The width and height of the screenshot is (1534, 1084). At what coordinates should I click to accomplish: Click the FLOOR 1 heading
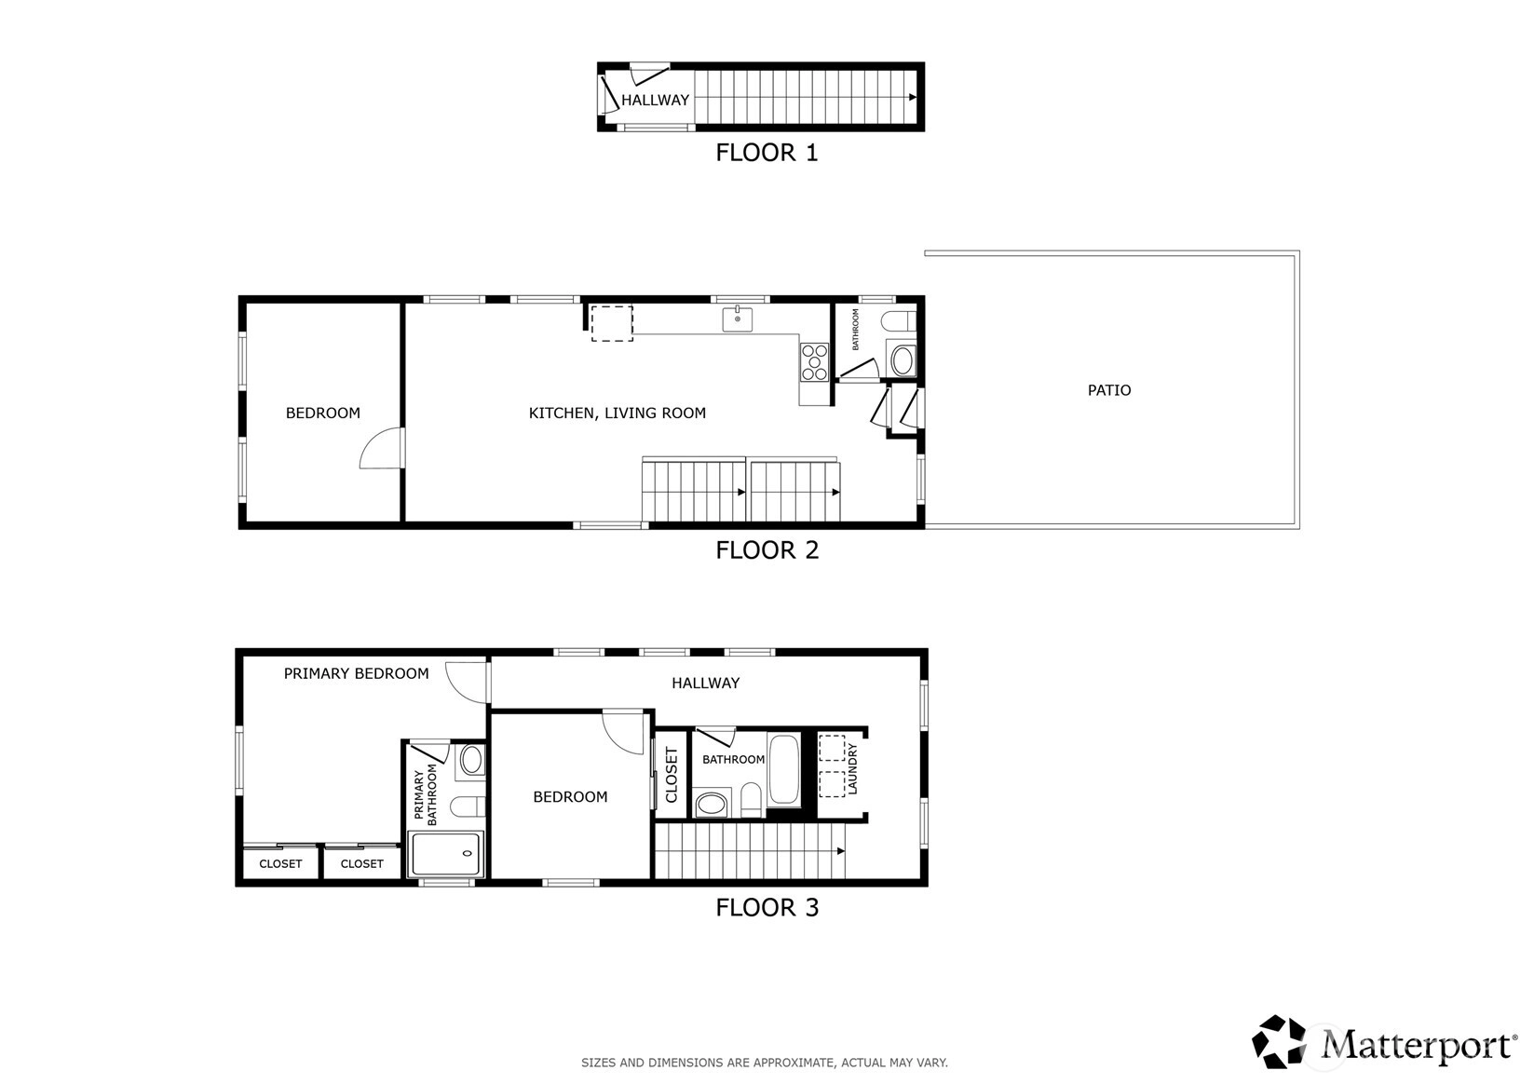767,152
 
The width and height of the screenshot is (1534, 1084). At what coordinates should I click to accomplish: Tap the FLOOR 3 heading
767,907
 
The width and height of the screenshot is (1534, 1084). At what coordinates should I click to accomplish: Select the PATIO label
1109,390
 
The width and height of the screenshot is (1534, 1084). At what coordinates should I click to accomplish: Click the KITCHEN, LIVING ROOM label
617,413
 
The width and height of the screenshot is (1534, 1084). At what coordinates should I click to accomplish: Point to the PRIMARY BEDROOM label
356,674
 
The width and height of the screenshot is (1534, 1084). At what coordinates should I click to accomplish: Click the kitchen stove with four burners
814,362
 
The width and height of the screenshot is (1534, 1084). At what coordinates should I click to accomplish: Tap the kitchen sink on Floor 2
738,319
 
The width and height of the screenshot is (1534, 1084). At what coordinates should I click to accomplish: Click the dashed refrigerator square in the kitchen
612,324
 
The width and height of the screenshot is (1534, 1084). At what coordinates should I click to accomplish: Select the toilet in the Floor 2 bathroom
899,320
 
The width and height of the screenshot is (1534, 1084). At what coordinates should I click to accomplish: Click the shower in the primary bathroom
446,853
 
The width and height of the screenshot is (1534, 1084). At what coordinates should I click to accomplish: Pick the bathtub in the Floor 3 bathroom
783,769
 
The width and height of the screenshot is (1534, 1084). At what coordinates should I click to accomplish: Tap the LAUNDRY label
852,769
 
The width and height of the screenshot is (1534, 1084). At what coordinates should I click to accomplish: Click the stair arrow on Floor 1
912,97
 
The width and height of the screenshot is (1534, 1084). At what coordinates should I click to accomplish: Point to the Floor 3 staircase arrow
841,851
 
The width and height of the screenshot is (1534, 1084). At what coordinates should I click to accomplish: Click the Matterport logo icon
1279,1042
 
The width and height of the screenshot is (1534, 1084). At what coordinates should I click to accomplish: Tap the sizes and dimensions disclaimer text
765,1063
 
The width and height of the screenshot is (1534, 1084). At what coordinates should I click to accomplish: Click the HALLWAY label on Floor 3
705,683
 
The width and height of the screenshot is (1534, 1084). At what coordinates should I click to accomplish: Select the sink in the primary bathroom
471,759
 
